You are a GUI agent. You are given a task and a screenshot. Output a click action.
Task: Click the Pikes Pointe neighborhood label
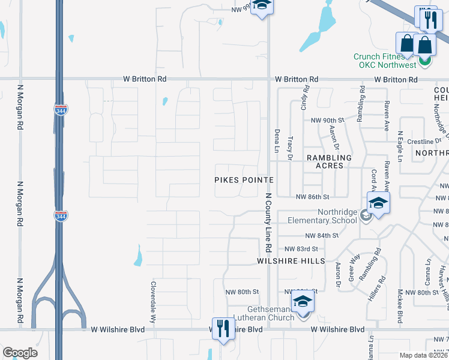click(244, 180)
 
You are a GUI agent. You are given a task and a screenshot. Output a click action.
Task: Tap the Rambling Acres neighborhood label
click(325, 161)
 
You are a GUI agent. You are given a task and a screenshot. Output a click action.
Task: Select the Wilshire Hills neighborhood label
click(291, 261)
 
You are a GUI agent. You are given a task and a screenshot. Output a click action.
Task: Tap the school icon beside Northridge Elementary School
click(378, 203)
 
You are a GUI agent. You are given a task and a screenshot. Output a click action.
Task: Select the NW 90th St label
click(325, 121)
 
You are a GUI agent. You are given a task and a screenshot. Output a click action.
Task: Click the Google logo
click(20, 352)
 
